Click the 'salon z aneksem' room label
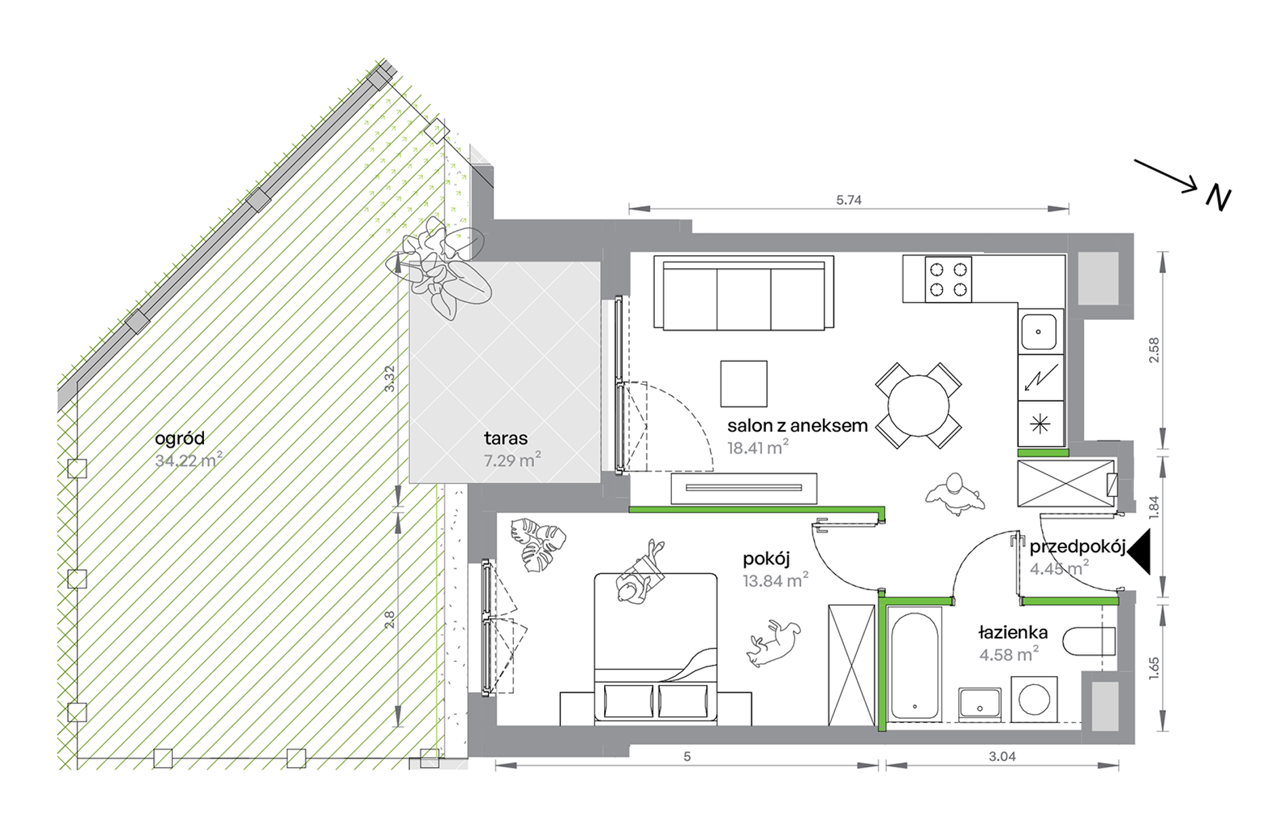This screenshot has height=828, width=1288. tap(797, 426)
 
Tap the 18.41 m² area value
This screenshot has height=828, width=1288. tap(757, 447)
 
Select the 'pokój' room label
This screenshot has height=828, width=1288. tap(767, 560)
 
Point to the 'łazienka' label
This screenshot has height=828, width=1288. tap(1013, 633)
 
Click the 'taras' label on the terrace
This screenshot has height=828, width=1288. tap(506, 438)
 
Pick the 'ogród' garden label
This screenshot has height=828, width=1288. tap(180, 439)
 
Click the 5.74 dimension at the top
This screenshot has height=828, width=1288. tap(849, 200)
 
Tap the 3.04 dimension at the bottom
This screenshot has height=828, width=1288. tap(1002, 757)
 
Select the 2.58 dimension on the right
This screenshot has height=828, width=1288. tap(1154, 350)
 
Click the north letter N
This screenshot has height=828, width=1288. tap(1218, 198)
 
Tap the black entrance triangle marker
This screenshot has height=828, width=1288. tap(1139, 552)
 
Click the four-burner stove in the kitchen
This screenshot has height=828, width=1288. tap(948, 279)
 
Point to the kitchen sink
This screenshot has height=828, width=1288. tap(1039, 332)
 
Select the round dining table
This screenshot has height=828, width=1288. tap(918, 406)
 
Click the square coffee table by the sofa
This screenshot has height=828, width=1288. tap(744, 384)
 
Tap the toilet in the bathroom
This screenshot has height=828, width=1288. tap(1089, 642)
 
